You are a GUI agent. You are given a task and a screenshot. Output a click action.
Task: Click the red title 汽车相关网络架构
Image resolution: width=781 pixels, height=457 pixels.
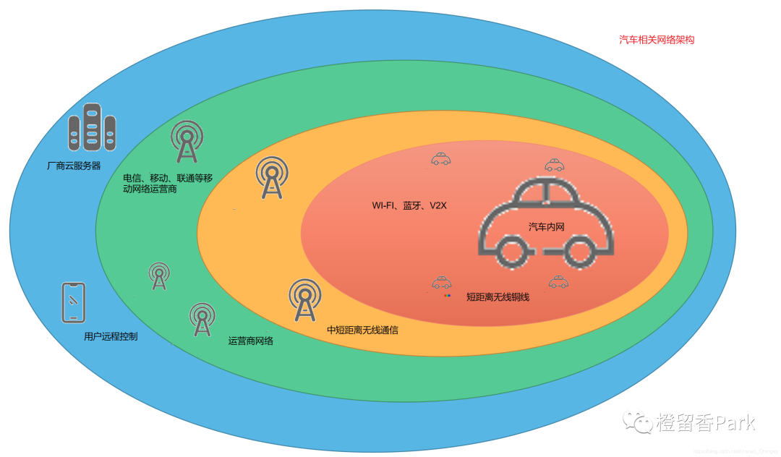click(x=657, y=40)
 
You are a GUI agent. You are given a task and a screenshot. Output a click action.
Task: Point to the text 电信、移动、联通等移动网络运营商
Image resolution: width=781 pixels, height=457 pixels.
click(x=168, y=184)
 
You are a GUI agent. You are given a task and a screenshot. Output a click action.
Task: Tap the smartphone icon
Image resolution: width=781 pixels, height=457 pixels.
click(x=74, y=302)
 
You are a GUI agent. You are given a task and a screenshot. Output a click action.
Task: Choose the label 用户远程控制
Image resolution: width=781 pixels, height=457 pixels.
click(x=111, y=336)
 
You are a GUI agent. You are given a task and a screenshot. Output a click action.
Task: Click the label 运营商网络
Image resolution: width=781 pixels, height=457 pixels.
click(x=250, y=341)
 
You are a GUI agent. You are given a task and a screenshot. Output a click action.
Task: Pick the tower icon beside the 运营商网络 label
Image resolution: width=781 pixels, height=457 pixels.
click(x=202, y=319)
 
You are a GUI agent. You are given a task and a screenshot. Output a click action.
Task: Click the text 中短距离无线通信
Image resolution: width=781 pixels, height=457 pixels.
click(x=362, y=330)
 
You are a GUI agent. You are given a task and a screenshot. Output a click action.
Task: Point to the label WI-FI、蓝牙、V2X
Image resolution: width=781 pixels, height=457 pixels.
click(x=410, y=206)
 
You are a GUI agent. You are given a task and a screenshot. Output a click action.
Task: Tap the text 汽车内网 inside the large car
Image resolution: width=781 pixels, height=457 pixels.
click(x=546, y=227)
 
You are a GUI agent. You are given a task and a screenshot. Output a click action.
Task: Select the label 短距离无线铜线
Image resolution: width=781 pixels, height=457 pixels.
click(x=498, y=296)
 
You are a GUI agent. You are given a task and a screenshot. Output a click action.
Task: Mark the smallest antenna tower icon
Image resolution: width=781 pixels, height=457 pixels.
click(x=159, y=276)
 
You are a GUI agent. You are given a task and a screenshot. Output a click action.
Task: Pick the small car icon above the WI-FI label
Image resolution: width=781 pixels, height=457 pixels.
click(x=441, y=159)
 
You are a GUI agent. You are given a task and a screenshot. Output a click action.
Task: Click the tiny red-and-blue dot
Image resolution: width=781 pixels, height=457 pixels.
click(x=448, y=296)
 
